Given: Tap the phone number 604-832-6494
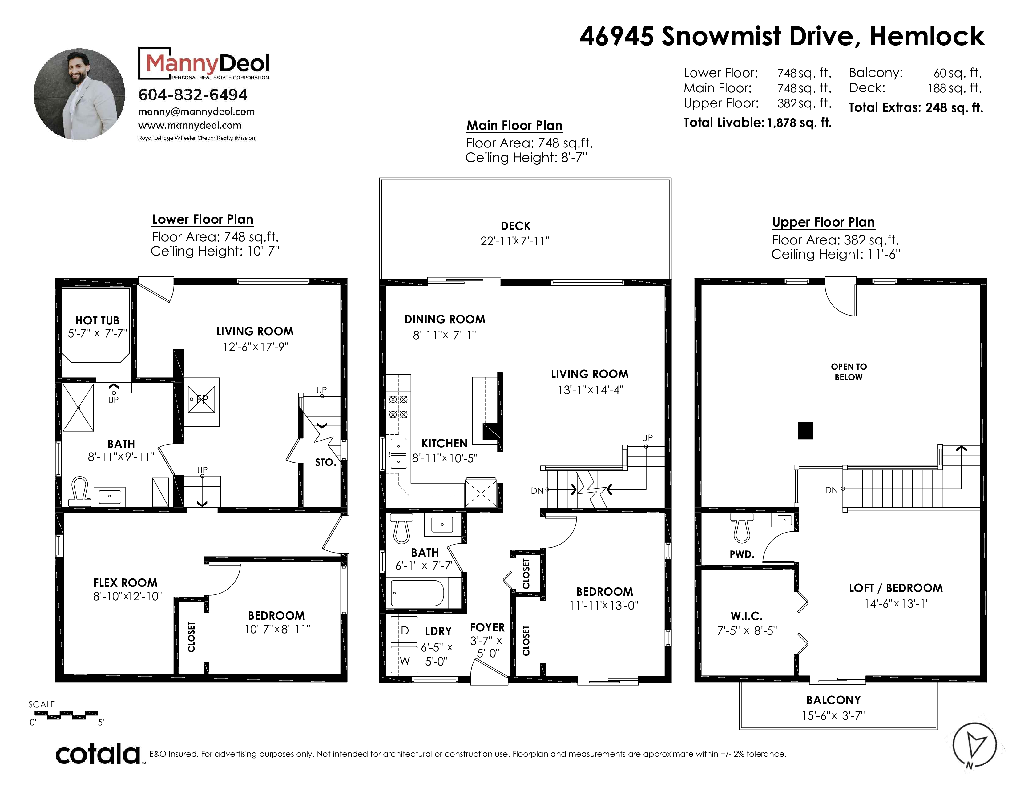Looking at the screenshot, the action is (x=193, y=95).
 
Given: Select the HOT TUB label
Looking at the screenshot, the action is (x=97, y=320).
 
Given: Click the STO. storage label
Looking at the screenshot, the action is (x=325, y=462).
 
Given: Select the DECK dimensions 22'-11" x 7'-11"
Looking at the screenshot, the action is (x=515, y=241).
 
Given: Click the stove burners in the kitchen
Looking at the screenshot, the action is (x=398, y=406).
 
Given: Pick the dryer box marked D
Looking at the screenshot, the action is (x=404, y=630).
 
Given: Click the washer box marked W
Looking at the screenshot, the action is (x=404, y=660).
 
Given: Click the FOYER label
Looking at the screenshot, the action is (x=487, y=627).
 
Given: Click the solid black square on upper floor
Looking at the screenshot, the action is (x=805, y=431).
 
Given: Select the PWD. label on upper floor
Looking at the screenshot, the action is (x=742, y=554).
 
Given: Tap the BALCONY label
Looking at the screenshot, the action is (x=833, y=700).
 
